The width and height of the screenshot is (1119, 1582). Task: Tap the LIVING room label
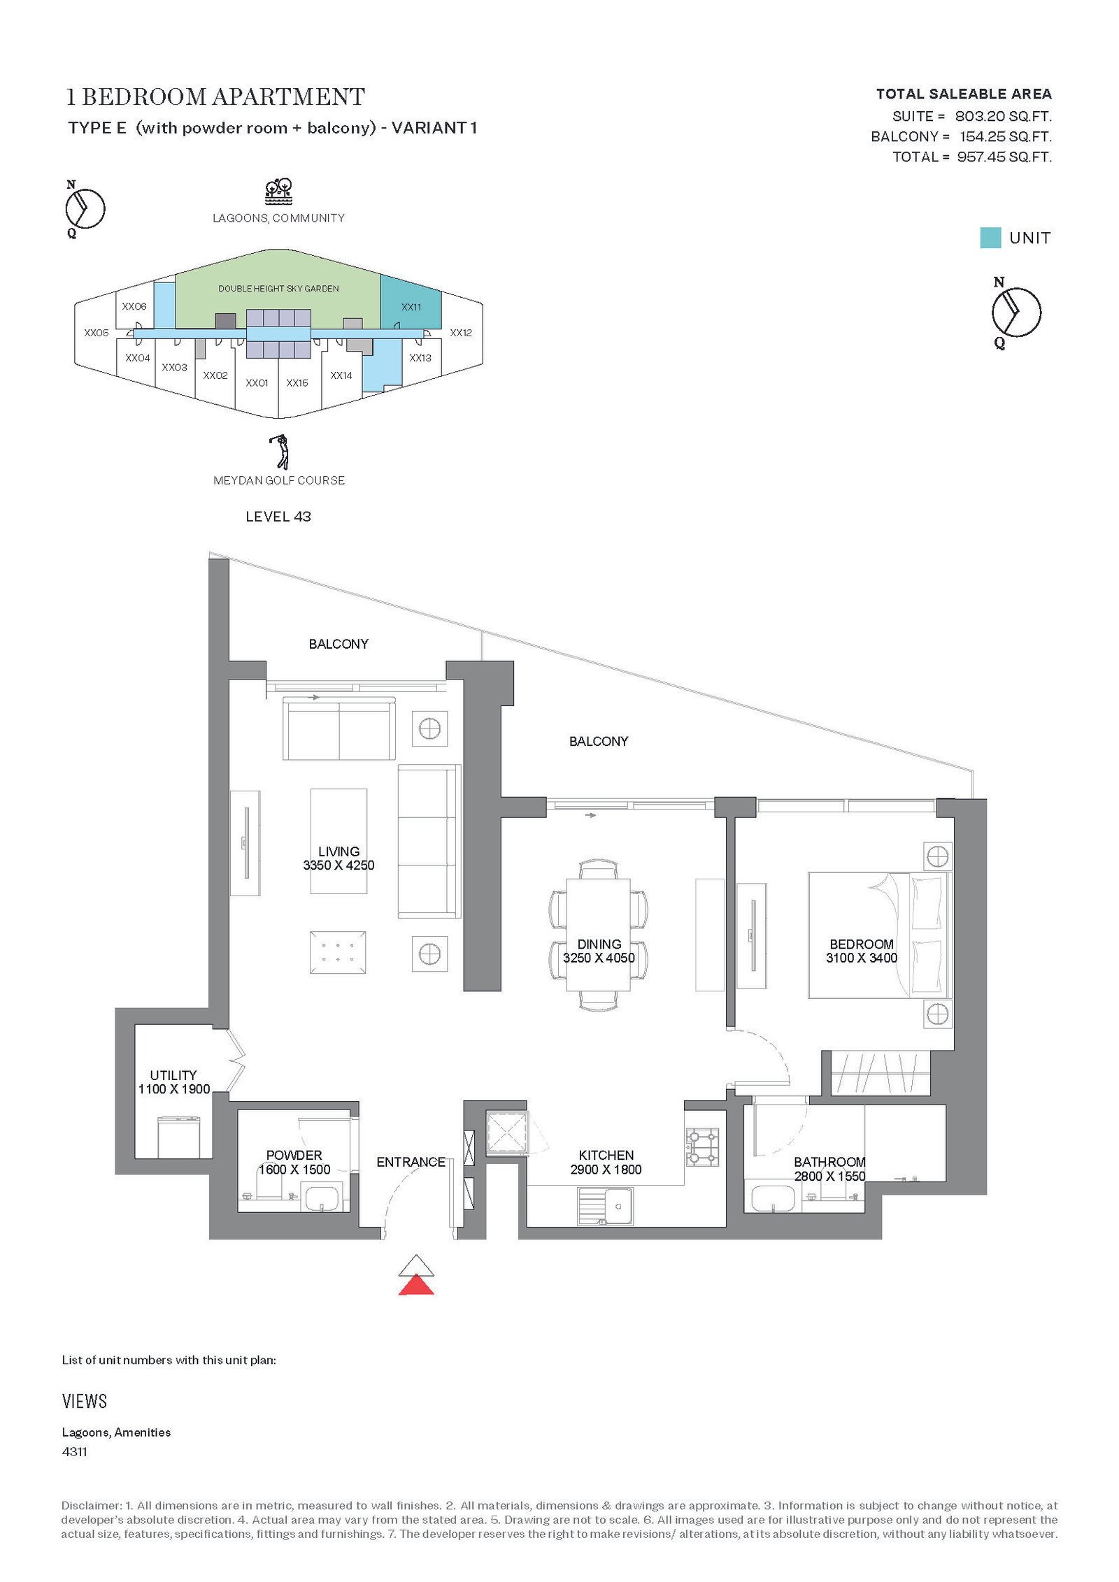pos(338,851)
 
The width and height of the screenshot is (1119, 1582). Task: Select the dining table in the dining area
pos(599,935)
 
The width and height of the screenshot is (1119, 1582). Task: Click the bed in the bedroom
pos(879,935)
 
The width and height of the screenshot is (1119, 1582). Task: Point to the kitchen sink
pos(606,1207)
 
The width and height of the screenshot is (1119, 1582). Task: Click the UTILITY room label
pos(173,1075)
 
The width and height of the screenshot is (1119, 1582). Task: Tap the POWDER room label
pos(294,1155)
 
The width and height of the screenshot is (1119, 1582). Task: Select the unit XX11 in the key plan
pos(411,302)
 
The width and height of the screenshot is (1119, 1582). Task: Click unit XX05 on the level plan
pos(97,333)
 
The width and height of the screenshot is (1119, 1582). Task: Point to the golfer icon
pos(280,452)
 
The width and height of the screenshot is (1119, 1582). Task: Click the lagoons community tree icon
pos(278,192)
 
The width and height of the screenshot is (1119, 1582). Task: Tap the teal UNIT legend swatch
pos(990,238)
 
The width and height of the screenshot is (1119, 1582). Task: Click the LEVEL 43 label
pos(278,517)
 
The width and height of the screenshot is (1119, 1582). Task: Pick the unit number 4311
pos(75,1452)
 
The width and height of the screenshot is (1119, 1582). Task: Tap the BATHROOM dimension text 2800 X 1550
pos(829,1176)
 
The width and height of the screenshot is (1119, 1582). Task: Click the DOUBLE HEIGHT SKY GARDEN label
pos(278,289)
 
